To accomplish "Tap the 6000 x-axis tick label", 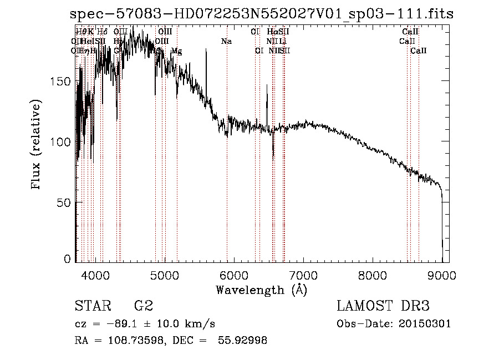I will pyautogui.click(x=233, y=274).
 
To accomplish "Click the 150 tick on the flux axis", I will pyautogui.click(x=63, y=81).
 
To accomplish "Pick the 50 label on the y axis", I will pyautogui.click(x=66, y=202).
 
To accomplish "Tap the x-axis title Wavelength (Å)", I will pyautogui.click(x=261, y=289).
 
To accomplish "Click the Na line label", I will pyautogui.click(x=226, y=42).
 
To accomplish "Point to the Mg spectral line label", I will pyautogui.click(x=176, y=51).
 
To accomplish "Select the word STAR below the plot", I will pyautogui.click(x=93, y=306).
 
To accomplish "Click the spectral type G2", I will pyautogui.click(x=143, y=306).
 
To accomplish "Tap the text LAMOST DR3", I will pyautogui.click(x=383, y=306).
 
